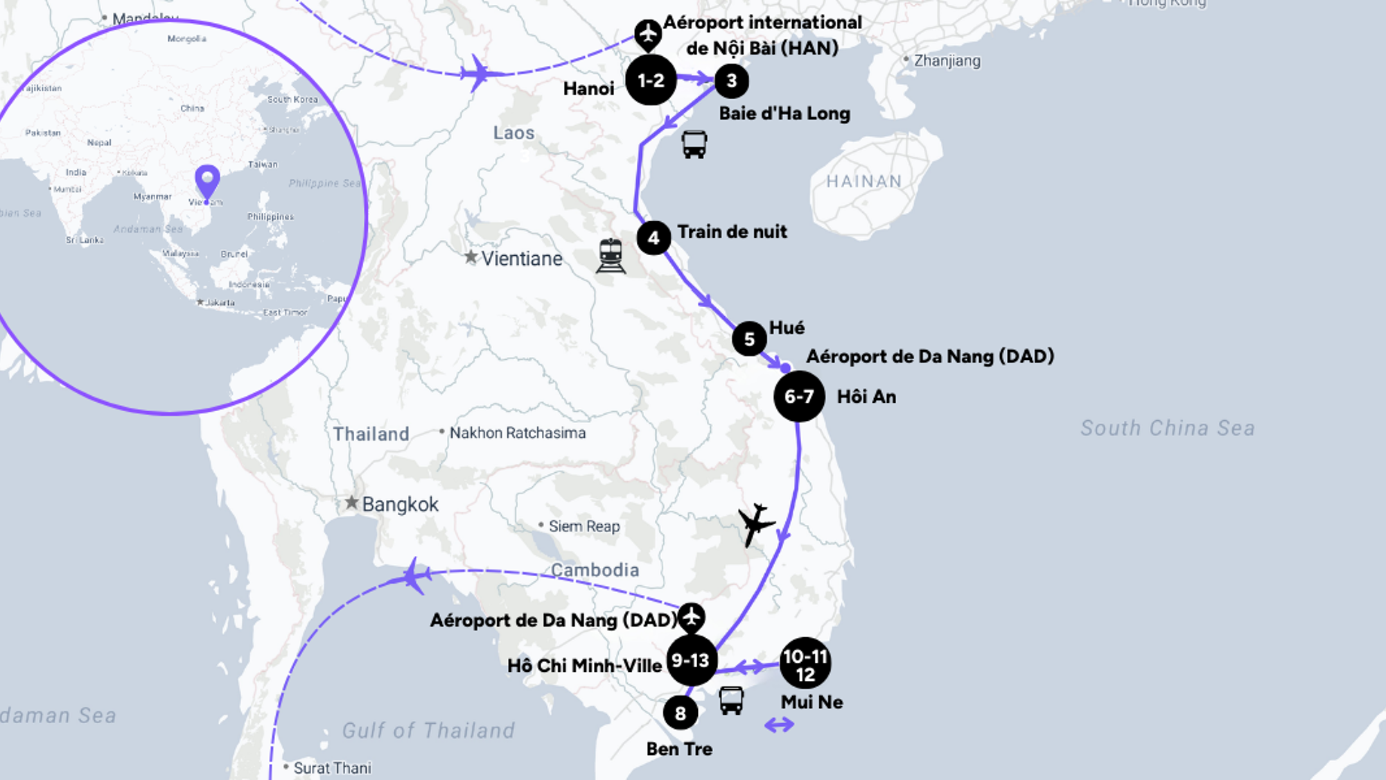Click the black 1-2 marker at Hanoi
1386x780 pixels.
click(x=651, y=80)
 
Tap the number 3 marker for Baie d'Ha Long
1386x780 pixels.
click(x=731, y=81)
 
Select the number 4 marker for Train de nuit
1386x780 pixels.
click(x=653, y=238)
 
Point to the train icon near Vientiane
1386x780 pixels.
click(x=611, y=256)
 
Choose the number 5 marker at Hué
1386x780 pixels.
click(x=748, y=339)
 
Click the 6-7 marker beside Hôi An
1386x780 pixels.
click(x=799, y=397)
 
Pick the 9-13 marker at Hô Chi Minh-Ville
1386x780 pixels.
click(x=691, y=660)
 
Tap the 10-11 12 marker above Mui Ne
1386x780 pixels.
click(x=805, y=664)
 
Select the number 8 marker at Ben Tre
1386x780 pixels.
click(x=680, y=713)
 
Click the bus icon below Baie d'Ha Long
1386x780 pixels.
click(x=694, y=144)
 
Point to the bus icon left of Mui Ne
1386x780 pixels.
click(x=730, y=700)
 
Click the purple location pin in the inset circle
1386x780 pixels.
click(x=207, y=182)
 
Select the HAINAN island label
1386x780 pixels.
click(x=863, y=182)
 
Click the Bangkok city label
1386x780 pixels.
click(x=400, y=504)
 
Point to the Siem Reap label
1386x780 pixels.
click(x=584, y=526)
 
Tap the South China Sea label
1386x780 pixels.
click(x=1168, y=428)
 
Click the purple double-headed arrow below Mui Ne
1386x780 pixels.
click(x=779, y=725)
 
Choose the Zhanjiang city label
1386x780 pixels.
click(x=947, y=60)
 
